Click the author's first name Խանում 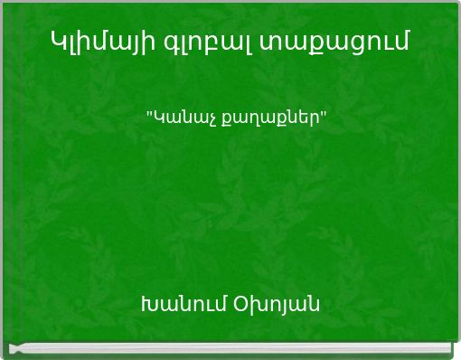(x=183, y=303)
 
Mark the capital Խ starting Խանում (x=148, y=303)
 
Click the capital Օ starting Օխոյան (x=240, y=303)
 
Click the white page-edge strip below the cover (x=230, y=347)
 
